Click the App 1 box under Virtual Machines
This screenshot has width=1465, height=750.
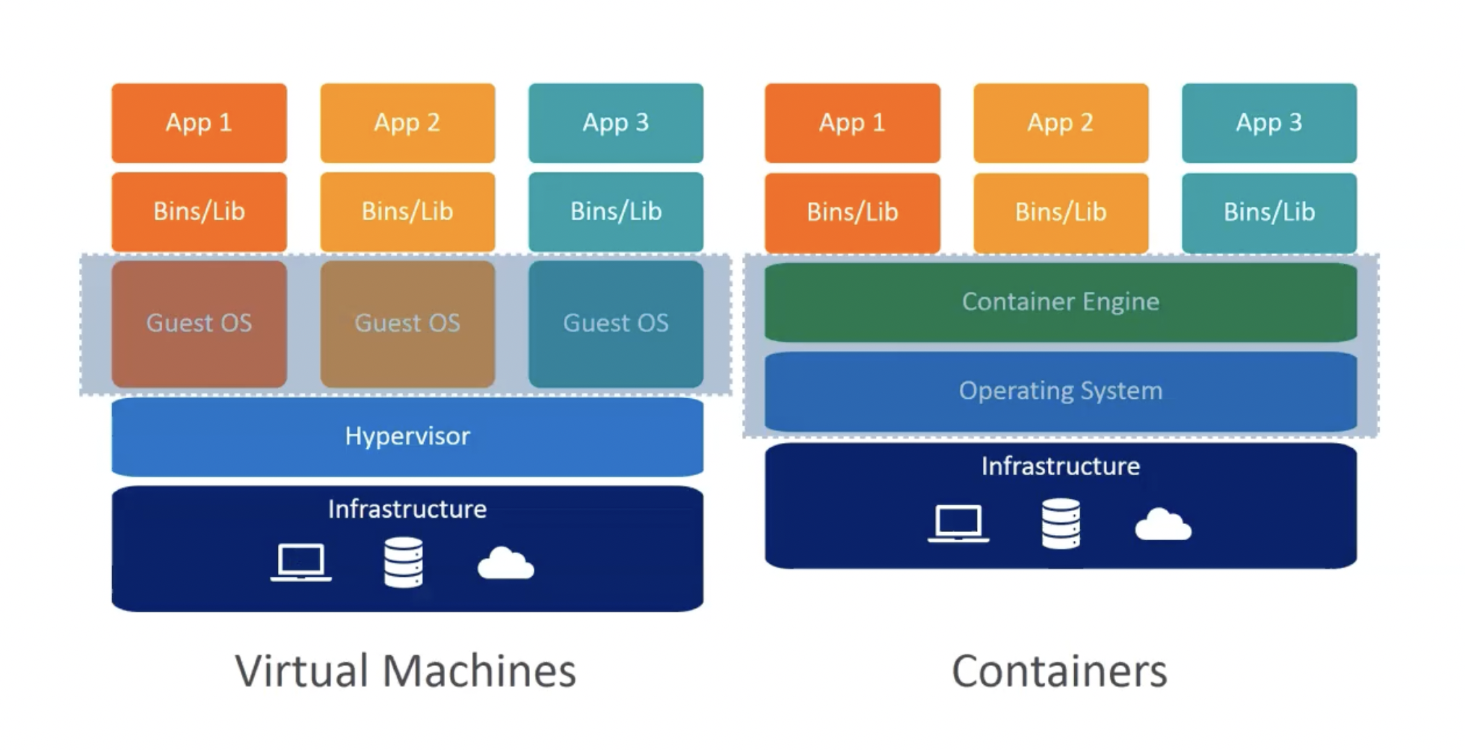pyautogui.click(x=199, y=122)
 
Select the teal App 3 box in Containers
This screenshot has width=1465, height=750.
pyautogui.click(x=1269, y=122)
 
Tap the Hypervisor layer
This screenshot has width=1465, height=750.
pyautogui.click(x=407, y=436)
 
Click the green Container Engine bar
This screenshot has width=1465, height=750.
pyautogui.click(x=1060, y=301)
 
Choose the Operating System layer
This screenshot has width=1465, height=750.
pyautogui.click(x=1060, y=391)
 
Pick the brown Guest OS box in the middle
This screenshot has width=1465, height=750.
pyautogui.click(x=407, y=323)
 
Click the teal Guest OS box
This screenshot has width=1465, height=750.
pyautogui.click(x=615, y=323)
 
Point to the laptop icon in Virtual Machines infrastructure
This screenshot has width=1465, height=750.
pyautogui.click(x=301, y=562)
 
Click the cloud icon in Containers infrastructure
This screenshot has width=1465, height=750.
pyautogui.click(x=1162, y=525)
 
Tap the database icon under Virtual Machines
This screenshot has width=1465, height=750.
pyautogui.click(x=403, y=562)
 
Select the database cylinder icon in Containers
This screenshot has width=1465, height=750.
pyautogui.click(x=1060, y=523)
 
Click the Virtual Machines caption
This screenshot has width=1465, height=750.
pyautogui.click(x=405, y=670)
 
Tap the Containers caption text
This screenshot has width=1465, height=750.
pyautogui.click(x=1059, y=671)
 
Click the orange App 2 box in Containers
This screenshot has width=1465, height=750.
pyautogui.click(x=1060, y=122)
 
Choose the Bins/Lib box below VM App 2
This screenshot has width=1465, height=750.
pyautogui.click(x=407, y=211)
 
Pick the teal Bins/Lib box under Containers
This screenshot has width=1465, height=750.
pyautogui.click(x=1269, y=212)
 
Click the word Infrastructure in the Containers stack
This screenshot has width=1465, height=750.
pyautogui.click(x=1060, y=466)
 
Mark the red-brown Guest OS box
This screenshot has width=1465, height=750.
pyautogui.click(x=199, y=323)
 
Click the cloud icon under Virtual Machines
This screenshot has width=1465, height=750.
pyautogui.click(x=505, y=564)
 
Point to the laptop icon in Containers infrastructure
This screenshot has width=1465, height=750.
pyautogui.click(x=958, y=523)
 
